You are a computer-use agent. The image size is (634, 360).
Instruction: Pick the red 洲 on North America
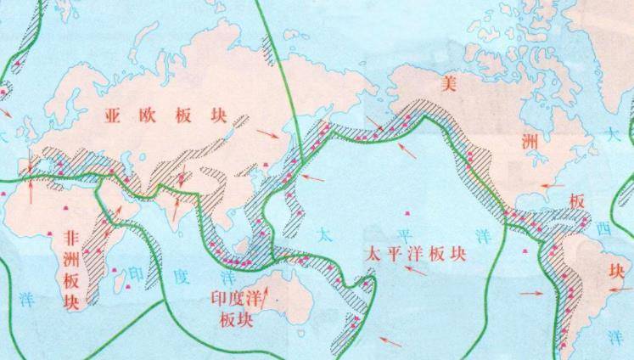[530, 143]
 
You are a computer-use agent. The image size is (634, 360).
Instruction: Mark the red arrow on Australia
[270, 295]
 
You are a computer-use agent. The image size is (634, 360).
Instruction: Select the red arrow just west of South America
[530, 293]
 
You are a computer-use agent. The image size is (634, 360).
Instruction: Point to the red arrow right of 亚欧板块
[267, 134]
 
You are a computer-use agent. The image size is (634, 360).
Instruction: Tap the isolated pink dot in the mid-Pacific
[412, 212]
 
